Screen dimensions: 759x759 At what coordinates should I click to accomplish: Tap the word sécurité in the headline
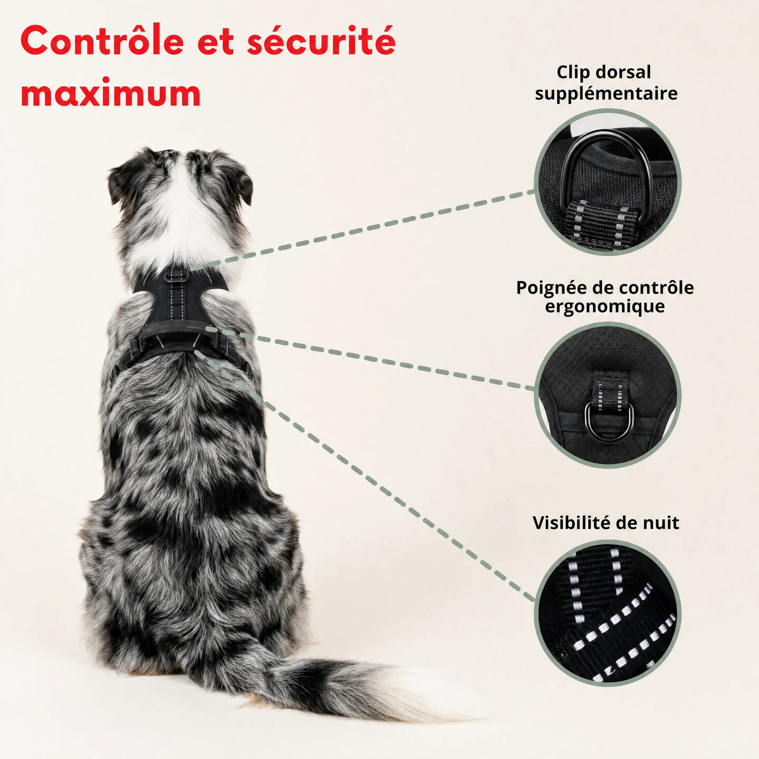(321, 40)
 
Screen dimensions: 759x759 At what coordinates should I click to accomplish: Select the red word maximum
(111, 93)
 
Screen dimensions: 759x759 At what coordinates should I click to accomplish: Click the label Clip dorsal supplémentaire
(606, 83)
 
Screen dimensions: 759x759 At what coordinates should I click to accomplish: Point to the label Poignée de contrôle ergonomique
(605, 297)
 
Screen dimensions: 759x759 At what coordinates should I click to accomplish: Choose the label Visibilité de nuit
(606, 523)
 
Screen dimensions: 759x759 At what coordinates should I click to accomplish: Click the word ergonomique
(605, 307)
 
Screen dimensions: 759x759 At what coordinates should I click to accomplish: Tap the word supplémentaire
(606, 93)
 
